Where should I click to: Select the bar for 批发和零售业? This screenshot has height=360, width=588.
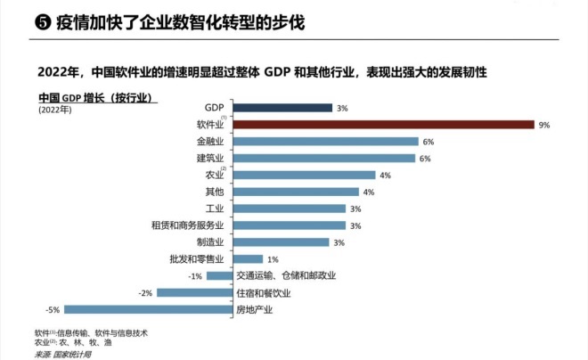(246, 259)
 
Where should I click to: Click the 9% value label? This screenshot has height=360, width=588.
(544, 126)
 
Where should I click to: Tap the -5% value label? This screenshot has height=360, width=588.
(54, 309)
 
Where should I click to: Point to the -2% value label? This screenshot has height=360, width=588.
(145, 292)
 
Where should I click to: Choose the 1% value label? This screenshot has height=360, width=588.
(273, 259)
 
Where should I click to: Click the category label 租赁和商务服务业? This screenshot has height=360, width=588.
(188, 225)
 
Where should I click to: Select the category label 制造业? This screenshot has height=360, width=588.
(209, 242)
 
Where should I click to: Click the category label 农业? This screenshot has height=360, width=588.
(215, 176)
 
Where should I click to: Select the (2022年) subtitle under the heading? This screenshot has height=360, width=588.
(56, 110)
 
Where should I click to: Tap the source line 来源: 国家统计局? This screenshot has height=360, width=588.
(62, 353)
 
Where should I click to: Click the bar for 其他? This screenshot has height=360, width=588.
(294, 192)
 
